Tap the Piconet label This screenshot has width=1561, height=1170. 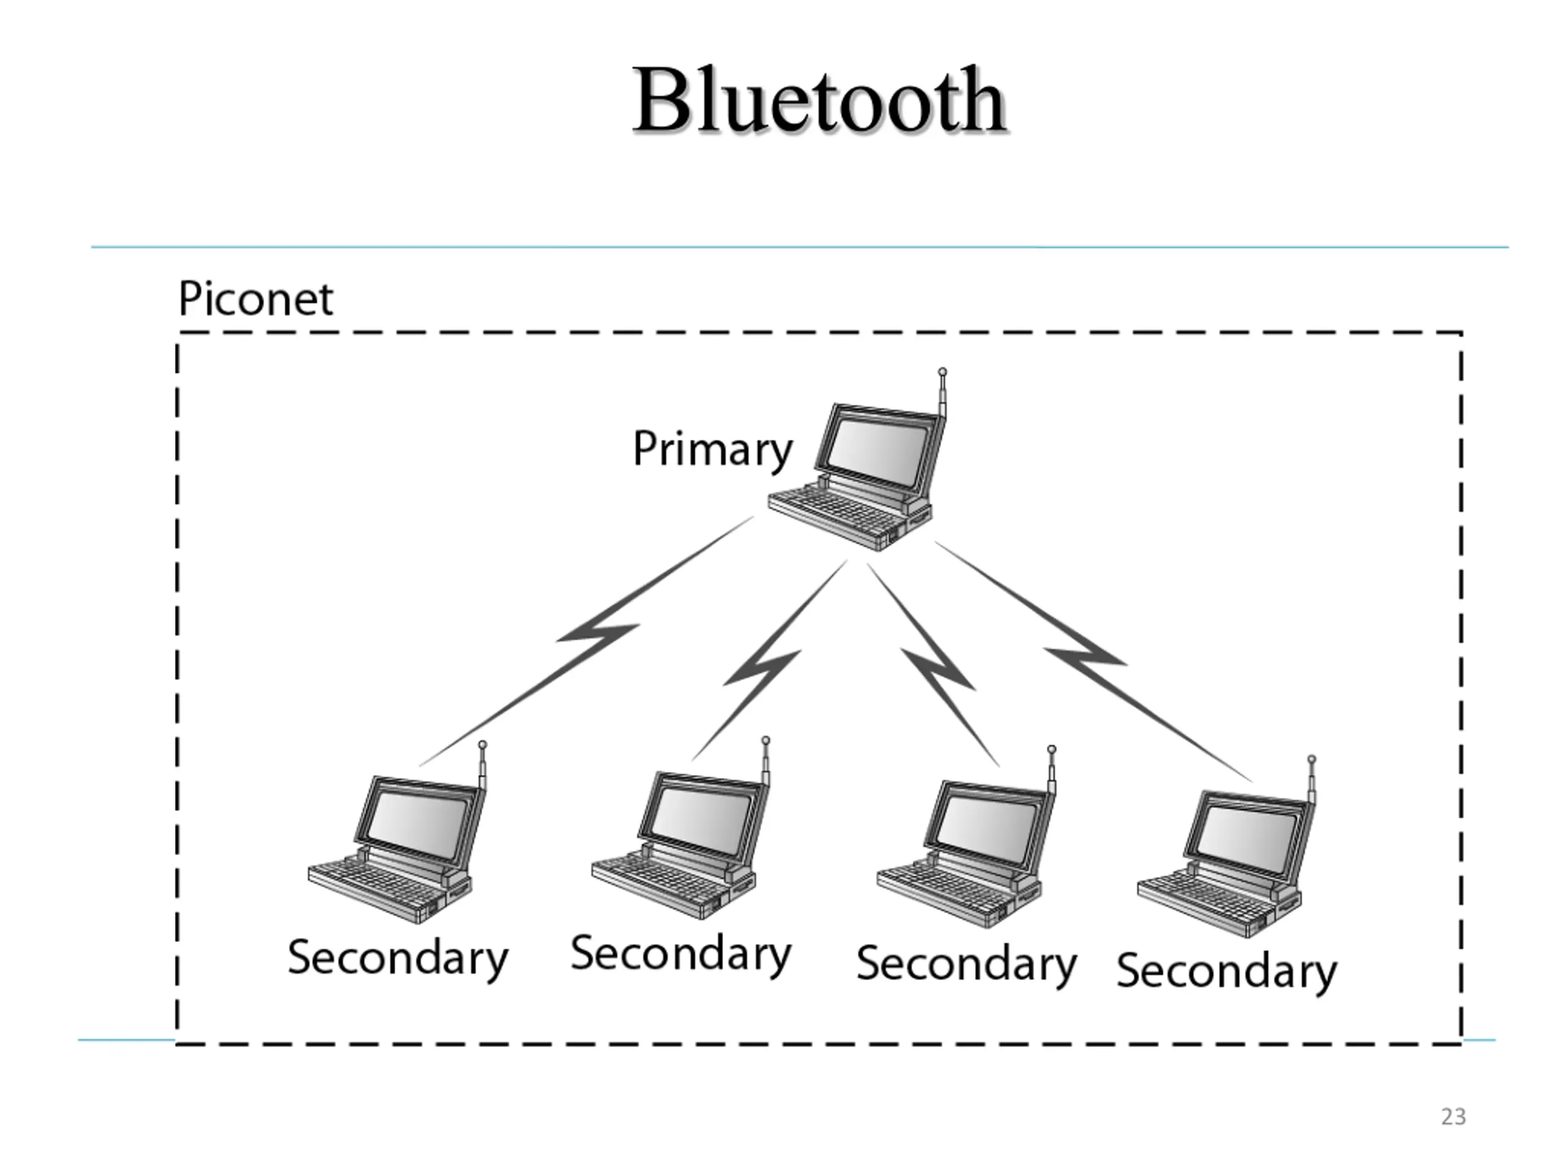(255, 299)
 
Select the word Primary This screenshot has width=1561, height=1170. (713, 450)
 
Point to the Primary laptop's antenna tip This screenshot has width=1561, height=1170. (942, 372)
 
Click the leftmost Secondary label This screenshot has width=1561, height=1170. (398, 958)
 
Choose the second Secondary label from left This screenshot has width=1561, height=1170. (681, 954)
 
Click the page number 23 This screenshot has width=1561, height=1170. (1453, 1116)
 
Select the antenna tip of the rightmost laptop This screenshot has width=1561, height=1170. (1311, 759)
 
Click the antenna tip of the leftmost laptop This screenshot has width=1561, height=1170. (482, 745)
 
